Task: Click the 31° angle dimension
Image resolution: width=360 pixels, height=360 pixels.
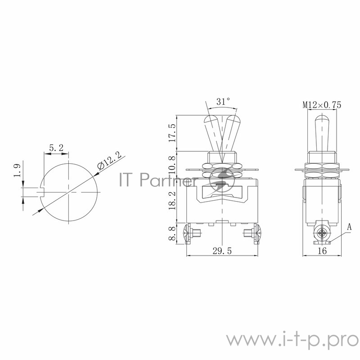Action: coord(222,102)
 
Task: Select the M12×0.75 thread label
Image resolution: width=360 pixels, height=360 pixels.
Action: coord(322,105)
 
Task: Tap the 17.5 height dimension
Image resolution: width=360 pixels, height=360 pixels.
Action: coord(171,133)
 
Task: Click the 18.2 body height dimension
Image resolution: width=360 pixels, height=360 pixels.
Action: coord(171,198)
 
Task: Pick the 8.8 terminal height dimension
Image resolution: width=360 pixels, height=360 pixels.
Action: coord(171,233)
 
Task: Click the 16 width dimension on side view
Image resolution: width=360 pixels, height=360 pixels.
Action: coord(321,252)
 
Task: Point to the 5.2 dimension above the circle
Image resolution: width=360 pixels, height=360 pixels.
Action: coord(56,147)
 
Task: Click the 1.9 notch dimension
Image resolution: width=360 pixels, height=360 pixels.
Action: coord(17,171)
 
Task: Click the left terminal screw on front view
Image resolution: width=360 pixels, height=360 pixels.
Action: coord(189,234)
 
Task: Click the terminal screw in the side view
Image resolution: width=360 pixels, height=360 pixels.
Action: coord(321,234)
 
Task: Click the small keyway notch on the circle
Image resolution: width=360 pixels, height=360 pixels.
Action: coord(43,192)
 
